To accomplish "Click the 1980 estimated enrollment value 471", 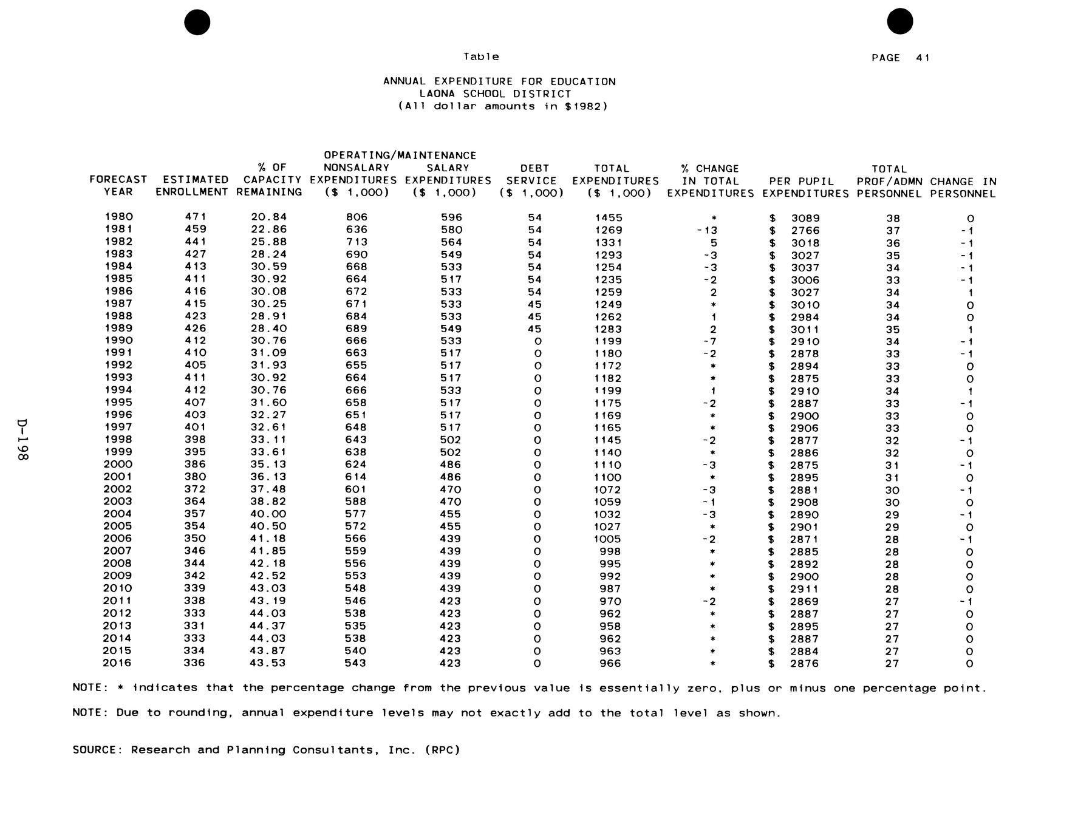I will click(x=196, y=217).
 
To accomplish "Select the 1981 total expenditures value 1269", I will click(x=609, y=230).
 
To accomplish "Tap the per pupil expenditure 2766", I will click(x=805, y=231).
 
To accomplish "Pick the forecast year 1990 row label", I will click(x=118, y=341).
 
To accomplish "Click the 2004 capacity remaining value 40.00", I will click(x=268, y=514).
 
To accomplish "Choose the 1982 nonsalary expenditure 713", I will click(x=357, y=242).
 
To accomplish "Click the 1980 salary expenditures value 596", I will click(x=451, y=217).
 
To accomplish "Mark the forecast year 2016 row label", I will click(x=117, y=663).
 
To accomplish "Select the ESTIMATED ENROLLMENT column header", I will click(x=192, y=186).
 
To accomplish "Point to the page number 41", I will click(x=923, y=58).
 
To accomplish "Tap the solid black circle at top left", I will click(x=197, y=22).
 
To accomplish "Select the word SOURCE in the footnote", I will click(x=98, y=750).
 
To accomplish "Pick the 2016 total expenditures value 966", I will click(x=610, y=663).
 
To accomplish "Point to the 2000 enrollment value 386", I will click(x=195, y=465).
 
